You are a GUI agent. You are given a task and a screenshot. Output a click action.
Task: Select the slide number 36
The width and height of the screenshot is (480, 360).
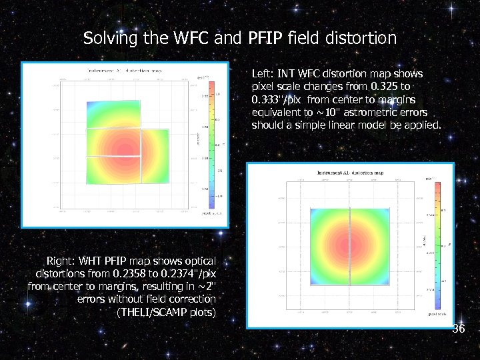click(x=459, y=329)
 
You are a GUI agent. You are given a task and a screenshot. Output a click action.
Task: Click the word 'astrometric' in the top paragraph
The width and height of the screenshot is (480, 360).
click(x=360, y=112)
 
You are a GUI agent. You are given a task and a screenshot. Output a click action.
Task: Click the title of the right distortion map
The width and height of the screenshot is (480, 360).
click(x=351, y=172)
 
